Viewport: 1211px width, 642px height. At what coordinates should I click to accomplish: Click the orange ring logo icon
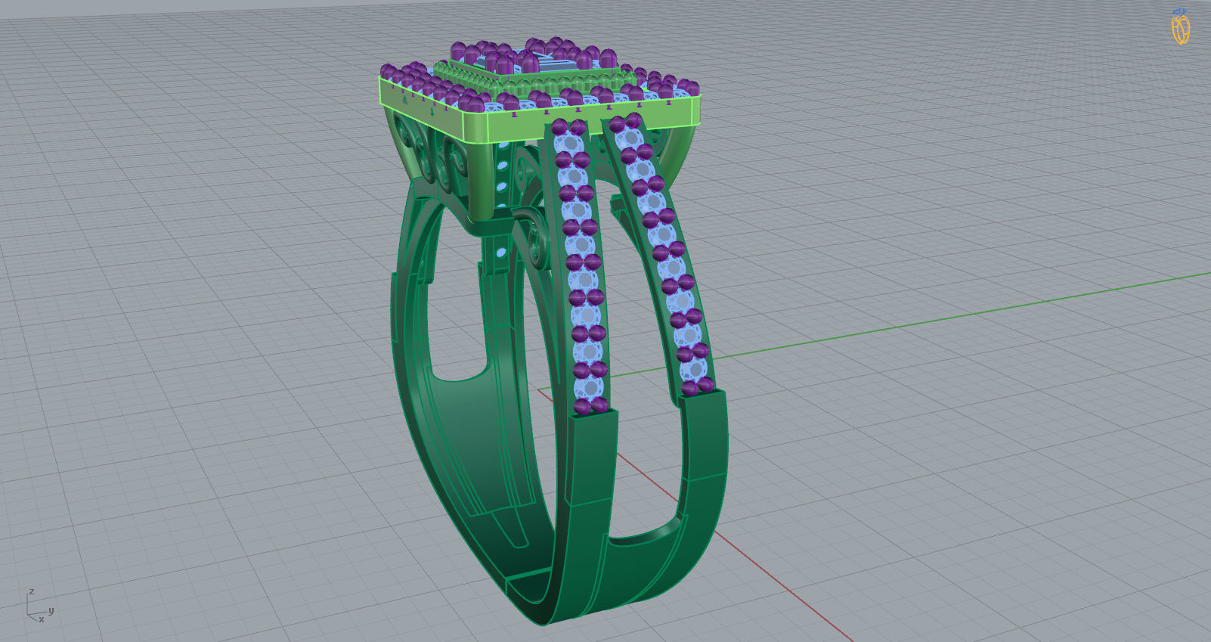tap(1180, 28)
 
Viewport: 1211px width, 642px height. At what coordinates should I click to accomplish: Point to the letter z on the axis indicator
tap(31, 591)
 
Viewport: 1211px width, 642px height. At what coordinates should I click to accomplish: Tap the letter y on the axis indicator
tap(51, 610)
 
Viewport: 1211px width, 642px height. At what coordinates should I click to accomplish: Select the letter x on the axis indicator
tap(41, 620)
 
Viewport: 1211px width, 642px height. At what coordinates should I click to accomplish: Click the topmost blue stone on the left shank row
tap(567, 142)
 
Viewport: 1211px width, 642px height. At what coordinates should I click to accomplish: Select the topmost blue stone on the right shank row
tap(627, 137)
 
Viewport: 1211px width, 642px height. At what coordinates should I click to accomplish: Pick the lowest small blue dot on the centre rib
tap(500, 249)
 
